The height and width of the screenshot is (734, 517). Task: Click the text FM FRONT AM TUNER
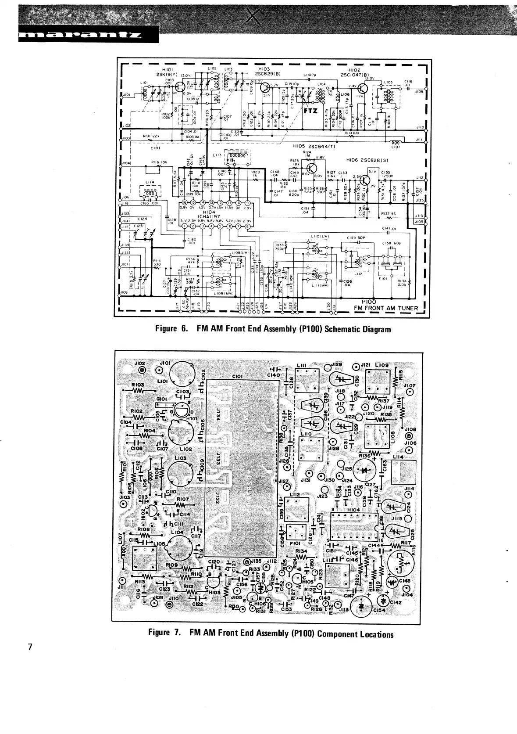(386, 308)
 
